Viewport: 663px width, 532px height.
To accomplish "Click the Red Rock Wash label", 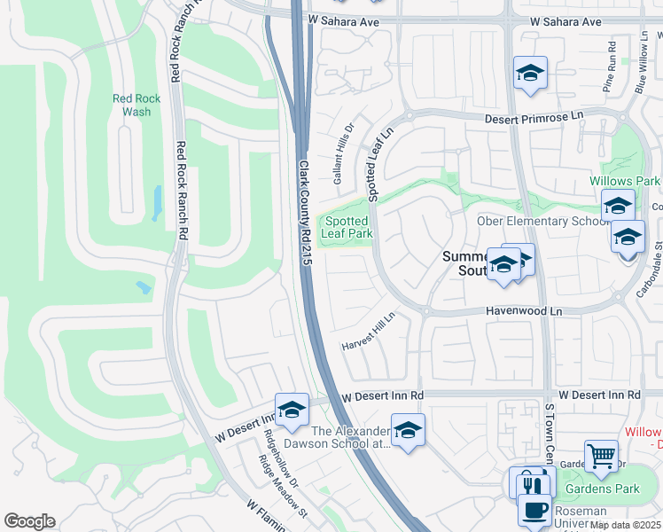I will pos(136,106).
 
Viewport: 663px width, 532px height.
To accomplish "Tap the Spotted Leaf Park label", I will pos(347,227).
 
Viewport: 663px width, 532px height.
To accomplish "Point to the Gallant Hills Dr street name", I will pos(343,153).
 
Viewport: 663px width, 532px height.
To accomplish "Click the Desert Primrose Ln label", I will pos(534,117).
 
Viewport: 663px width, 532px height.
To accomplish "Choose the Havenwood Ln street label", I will pos(525,311).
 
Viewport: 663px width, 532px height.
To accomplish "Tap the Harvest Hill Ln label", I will pos(370,331).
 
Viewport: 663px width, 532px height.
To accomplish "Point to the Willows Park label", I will pos(625,181).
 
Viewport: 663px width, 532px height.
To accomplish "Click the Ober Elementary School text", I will pos(542,221).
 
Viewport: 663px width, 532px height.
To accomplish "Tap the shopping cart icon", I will pos(602,457).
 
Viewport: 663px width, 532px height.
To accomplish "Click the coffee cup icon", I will pos(534,511).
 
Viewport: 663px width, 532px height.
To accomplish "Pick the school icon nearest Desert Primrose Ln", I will pos(530,74).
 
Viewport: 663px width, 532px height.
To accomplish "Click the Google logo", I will pos(29,521).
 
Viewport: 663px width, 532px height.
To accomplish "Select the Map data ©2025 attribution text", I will pos(625,525).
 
